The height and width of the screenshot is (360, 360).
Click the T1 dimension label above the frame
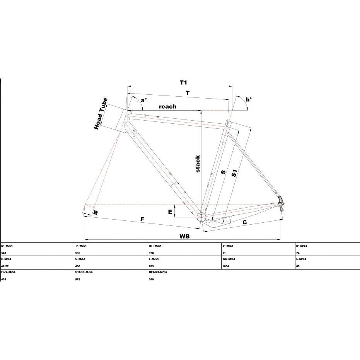[183, 82]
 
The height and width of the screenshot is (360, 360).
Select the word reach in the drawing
[167, 107]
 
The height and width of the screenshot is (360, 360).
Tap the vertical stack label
[198, 164]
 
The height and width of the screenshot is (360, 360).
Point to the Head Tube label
[101, 113]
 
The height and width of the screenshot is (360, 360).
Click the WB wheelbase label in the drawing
[184, 236]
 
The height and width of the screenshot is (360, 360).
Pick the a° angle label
[144, 100]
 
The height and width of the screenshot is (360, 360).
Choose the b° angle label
[249, 99]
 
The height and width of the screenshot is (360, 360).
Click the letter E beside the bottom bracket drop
[170, 212]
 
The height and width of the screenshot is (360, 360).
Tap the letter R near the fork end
[96, 213]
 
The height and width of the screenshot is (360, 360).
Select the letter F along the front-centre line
[142, 219]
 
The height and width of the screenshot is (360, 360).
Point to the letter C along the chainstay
[245, 222]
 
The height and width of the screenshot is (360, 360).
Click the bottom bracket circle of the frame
[201, 216]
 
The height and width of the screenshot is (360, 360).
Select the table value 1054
[225, 266]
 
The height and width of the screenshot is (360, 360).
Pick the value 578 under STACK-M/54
[78, 280]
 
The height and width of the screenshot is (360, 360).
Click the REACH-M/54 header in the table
[158, 272]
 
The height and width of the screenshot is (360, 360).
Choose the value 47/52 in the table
[5, 266]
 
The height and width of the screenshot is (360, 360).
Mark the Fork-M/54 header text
[8, 272]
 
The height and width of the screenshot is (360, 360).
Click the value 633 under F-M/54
[152, 266]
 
